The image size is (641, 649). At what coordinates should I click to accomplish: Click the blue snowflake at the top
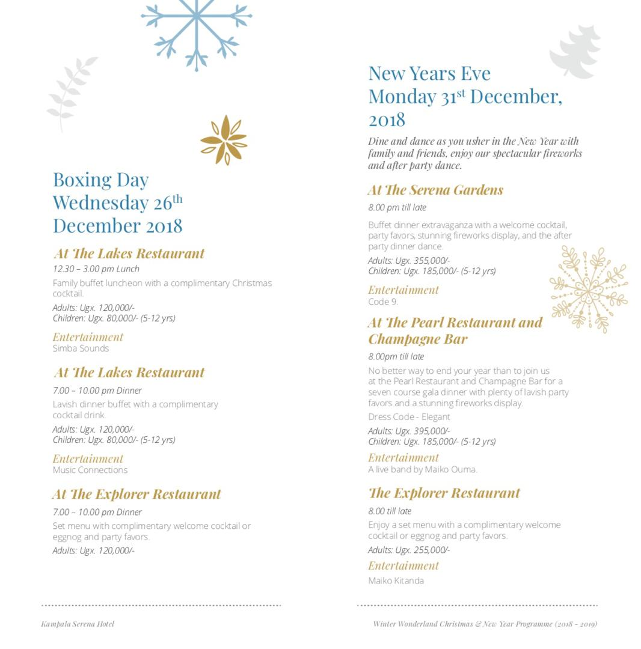tap(197, 30)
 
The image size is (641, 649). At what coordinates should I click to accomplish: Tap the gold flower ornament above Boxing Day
tap(224, 140)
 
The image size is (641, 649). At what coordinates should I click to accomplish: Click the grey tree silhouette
tap(577, 52)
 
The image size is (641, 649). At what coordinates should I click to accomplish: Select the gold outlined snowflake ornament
tap(588, 289)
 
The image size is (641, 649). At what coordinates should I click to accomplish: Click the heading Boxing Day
tap(100, 180)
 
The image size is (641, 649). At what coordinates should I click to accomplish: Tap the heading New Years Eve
tap(429, 73)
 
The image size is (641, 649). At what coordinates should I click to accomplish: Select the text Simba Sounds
tap(81, 349)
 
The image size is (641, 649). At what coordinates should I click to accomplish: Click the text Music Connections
tap(90, 470)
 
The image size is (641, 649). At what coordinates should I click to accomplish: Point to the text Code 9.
tap(383, 302)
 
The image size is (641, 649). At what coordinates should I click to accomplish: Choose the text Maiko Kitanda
tap(396, 580)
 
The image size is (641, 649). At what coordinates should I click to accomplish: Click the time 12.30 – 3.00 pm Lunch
tap(96, 269)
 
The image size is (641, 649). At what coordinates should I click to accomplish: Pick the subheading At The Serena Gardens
tap(435, 190)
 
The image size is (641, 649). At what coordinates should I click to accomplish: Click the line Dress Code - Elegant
tap(409, 417)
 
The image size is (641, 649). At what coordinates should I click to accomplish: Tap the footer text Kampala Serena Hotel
tap(78, 624)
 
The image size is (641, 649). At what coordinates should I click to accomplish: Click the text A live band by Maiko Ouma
tap(422, 469)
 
